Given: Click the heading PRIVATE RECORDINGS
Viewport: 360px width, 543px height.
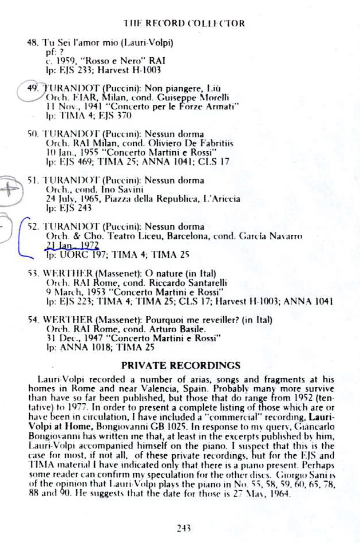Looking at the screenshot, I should click(x=180, y=364).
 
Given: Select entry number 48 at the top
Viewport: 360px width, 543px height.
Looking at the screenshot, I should click(x=33, y=43).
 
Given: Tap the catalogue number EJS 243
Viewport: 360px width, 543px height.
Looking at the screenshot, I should click(x=74, y=208).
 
